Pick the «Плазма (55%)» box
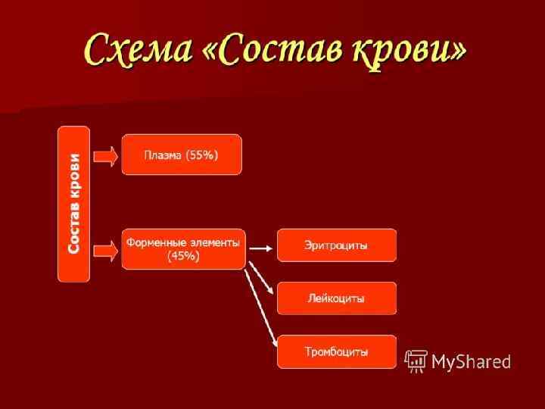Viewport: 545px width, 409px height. point(182,155)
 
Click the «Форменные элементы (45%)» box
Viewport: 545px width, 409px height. point(183,249)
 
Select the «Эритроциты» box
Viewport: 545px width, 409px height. point(336,245)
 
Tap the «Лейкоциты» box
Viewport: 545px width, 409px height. point(336,298)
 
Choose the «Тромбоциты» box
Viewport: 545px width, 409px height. point(336,351)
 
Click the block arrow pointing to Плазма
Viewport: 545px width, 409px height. point(106,155)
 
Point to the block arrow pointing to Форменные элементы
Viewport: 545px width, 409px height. point(106,249)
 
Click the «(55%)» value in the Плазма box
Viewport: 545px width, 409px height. point(201,155)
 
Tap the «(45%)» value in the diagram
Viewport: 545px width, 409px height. point(183,256)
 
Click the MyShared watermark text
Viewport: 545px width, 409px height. point(471,361)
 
